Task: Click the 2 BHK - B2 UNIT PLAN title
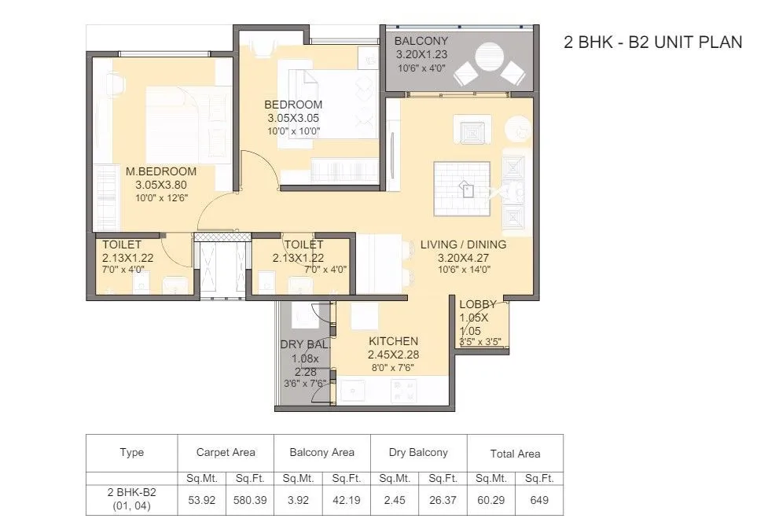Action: pos(652,42)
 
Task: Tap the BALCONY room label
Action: pos(421,41)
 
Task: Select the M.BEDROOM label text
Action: pos(160,171)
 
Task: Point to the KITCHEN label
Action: pos(393,341)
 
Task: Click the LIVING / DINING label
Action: pos(462,244)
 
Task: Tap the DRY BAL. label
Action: pos(304,344)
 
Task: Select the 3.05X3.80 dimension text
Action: pos(160,186)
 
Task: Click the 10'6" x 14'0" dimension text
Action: pos(462,269)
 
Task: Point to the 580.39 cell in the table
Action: pos(250,499)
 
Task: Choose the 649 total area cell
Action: pos(538,499)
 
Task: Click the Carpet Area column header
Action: pos(226,452)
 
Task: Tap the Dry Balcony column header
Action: pos(417,452)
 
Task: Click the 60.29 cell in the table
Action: pos(491,499)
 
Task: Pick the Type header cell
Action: pos(131,453)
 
